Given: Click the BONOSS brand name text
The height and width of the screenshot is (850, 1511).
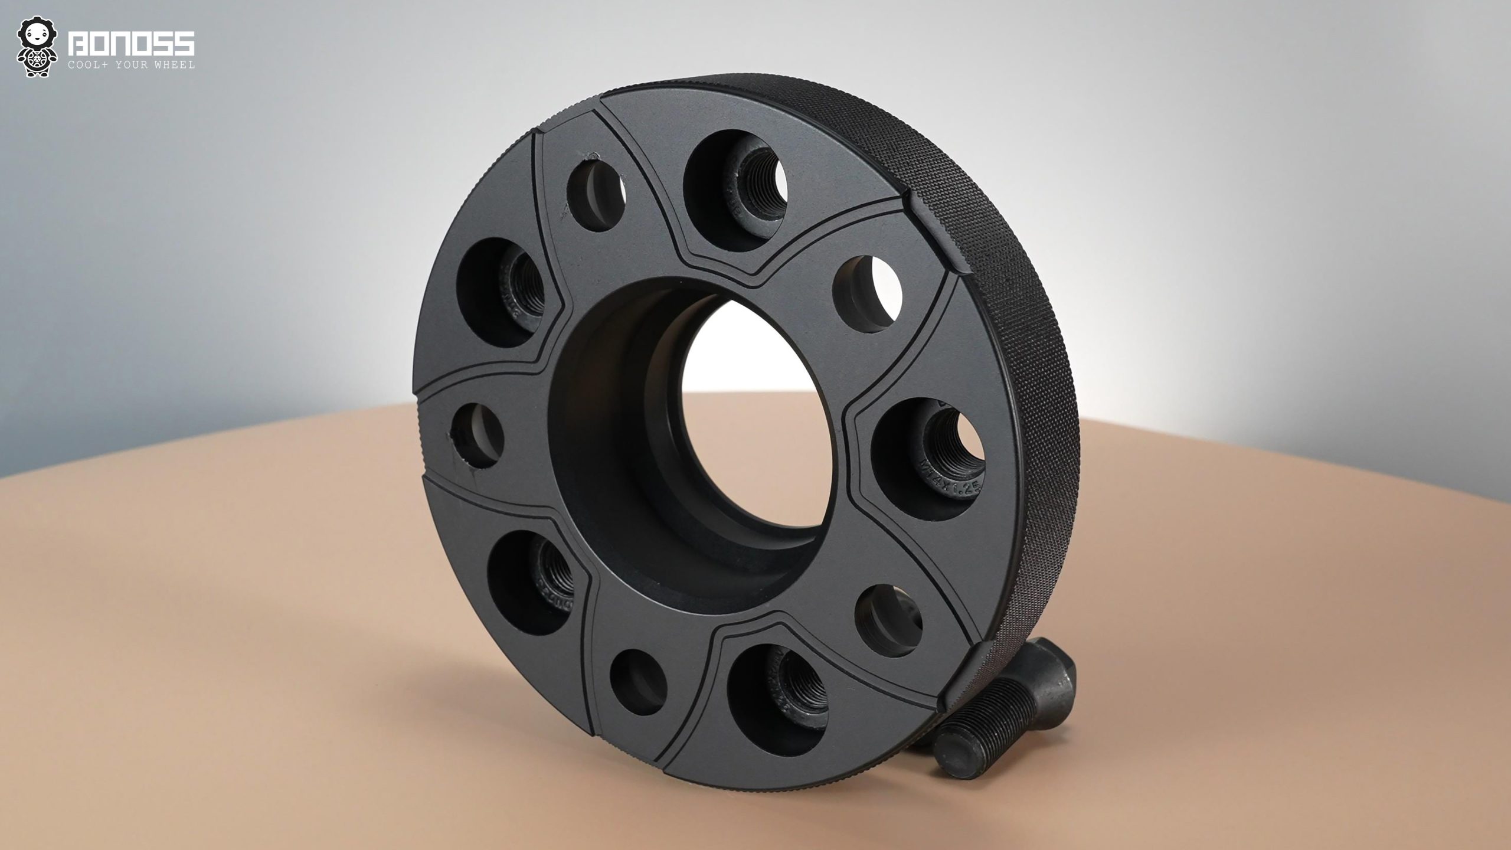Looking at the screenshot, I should [131, 45].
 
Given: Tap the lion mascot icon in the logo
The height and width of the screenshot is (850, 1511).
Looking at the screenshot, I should [37, 47].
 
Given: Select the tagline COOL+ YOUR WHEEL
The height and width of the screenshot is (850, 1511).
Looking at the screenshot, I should [131, 65].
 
